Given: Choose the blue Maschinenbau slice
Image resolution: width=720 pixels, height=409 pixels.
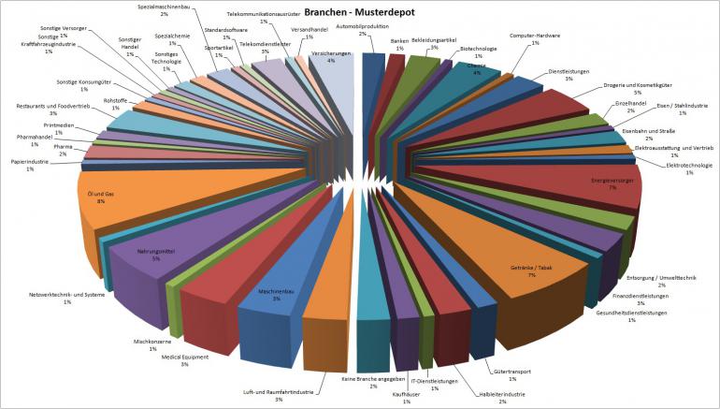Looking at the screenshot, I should coord(271,299).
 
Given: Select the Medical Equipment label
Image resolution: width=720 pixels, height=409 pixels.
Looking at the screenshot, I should coord(185,358).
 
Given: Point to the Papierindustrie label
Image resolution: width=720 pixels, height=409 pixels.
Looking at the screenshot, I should coord(29,164).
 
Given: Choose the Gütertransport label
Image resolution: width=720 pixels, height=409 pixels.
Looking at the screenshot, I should coord(512,372).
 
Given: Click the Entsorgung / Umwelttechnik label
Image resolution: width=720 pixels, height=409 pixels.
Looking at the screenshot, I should coord(661,279).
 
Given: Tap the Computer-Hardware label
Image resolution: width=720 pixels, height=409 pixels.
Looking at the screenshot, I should coord(535,37).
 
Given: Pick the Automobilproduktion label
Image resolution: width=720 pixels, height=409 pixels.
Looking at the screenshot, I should coord(388,28).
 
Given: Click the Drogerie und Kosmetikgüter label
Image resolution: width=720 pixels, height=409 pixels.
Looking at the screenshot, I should coord(636,88).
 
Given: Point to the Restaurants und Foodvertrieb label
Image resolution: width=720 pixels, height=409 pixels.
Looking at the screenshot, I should coord(53,108).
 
